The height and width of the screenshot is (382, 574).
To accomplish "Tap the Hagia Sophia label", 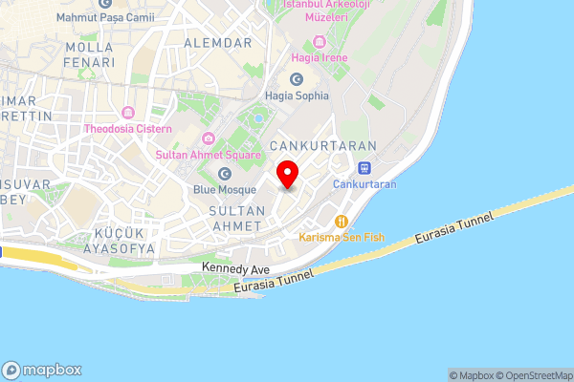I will (298, 95).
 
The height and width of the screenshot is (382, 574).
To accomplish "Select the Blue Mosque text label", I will (224, 190).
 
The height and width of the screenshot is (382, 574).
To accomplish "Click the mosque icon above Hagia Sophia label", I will (297, 79).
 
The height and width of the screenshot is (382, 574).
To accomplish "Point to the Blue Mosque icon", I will (225, 174).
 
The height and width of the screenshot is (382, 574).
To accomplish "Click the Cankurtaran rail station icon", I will (364, 167).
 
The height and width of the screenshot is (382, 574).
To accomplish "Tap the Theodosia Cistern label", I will (127, 128).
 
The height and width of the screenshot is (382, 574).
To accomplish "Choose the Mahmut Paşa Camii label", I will (98, 16).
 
